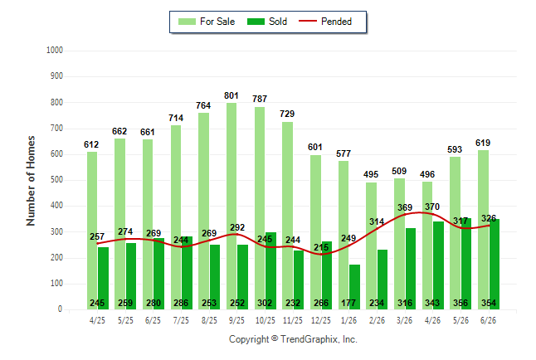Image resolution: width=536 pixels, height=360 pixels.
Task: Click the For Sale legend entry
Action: tap(207, 22)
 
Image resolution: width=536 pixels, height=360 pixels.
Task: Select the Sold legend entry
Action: tap(267, 22)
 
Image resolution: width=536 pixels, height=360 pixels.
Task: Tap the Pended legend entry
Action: tap(325, 22)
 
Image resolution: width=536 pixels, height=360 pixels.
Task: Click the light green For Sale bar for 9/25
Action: tap(231, 207)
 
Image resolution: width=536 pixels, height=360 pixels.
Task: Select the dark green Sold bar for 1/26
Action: tap(355, 287)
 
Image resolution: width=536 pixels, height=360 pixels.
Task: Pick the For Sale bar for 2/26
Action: tap(372, 246)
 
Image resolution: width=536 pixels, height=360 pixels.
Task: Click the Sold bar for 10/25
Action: tap(270, 270)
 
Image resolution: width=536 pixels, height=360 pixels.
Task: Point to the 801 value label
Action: tap(231, 95)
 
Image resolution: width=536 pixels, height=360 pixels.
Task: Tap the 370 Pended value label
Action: tap(432, 207)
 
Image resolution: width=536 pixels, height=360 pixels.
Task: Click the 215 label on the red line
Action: tap(321, 247)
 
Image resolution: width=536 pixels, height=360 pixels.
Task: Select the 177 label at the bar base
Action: tap(348, 303)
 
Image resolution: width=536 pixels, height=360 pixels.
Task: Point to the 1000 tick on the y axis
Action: tap(55, 51)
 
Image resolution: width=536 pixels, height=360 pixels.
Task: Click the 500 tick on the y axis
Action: tap(56, 180)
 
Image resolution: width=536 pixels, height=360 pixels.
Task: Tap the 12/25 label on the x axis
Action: tap(321, 321)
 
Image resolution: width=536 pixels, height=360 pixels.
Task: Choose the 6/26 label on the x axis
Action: tap(488, 321)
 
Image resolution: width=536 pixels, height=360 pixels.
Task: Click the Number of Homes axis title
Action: tap(31, 181)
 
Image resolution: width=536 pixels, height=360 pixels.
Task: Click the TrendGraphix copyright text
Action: tap(293, 339)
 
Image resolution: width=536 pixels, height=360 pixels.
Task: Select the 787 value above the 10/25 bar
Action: tap(260, 99)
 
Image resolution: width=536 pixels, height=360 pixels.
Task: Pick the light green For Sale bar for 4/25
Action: tap(92, 231)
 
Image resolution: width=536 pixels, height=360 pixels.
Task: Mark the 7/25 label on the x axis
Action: tap(181, 321)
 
